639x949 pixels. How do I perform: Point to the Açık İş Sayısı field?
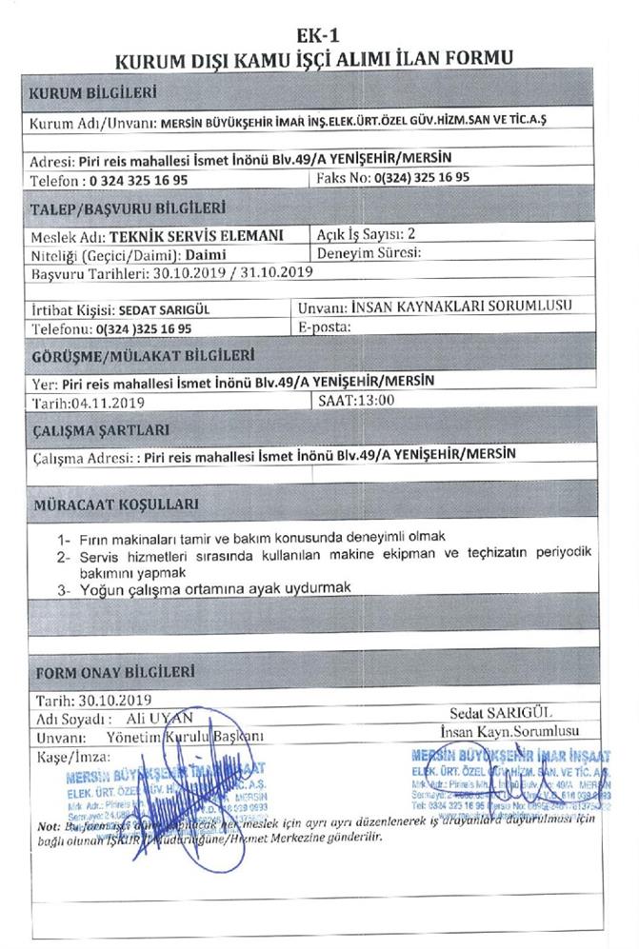pyautogui.click(x=366, y=234)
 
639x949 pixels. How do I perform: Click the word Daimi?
pyautogui.click(x=206, y=254)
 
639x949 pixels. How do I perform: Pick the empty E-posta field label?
pyautogui.click(x=325, y=326)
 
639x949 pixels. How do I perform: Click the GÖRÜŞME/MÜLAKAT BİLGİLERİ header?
pyautogui.click(x=142, y=356)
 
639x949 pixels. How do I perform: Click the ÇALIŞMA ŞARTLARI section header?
pyautogui.click(x=101, y=429)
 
